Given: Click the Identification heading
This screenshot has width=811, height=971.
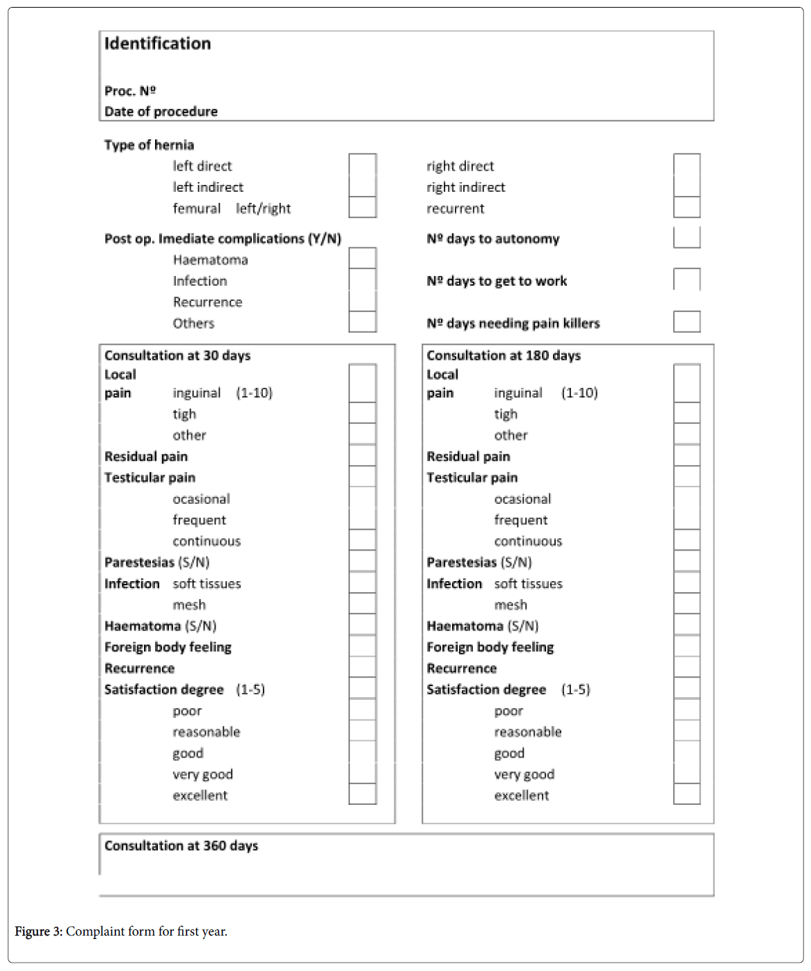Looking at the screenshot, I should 157,44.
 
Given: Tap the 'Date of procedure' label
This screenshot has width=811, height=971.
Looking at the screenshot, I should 161,111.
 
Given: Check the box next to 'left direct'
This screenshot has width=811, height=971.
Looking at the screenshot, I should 362,165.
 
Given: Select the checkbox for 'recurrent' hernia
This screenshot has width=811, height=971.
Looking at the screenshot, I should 686,207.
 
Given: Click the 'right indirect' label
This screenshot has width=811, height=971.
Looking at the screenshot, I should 465,187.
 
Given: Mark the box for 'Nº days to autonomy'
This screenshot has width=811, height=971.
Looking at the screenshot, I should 686,238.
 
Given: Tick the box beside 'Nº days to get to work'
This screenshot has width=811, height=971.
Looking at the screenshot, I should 686,279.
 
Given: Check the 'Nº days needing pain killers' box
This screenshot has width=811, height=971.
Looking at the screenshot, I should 686,322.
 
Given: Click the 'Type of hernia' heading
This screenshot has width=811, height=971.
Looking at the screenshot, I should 149,145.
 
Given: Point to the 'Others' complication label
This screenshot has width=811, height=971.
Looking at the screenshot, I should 193,323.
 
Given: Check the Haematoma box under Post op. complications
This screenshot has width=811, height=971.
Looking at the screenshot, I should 362,259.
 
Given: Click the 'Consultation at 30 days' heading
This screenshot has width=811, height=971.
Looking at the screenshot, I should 177,355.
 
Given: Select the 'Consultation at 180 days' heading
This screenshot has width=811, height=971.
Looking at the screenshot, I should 504,355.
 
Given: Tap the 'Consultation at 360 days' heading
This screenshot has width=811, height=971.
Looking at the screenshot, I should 181,845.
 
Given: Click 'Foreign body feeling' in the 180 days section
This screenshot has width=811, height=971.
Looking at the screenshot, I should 490,647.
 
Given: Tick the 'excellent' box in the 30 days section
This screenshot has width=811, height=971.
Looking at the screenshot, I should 362,794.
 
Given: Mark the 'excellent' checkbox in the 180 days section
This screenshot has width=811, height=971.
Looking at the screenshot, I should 686,794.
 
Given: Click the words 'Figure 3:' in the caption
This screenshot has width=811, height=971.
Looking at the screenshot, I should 38,931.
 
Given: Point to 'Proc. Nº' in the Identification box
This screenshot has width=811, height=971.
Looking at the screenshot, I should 130,91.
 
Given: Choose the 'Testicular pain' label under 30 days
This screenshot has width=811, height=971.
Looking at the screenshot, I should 150,478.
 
